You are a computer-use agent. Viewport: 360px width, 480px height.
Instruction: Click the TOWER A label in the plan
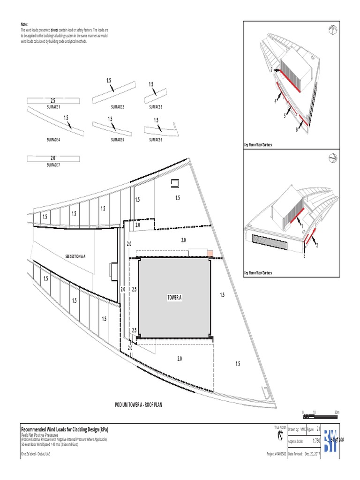click(x=174, y=298)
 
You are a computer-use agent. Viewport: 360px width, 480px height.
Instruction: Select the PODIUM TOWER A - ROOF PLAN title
click(x=138, y=405)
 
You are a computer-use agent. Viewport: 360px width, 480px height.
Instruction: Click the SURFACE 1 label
click(x=53, y=107)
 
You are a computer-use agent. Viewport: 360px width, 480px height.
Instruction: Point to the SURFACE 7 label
click(x=53, y=165)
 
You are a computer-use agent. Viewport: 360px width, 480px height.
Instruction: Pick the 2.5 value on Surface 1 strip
click(x=53, y=101)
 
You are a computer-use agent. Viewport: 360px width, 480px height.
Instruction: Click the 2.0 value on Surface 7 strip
click(x=52, y=158)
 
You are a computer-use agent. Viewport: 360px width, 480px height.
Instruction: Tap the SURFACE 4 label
click(x=53, y=140)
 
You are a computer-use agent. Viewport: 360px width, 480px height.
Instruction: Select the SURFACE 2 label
click(x=117, y=107)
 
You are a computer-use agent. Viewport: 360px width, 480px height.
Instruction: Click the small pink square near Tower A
click(x=210, y=254)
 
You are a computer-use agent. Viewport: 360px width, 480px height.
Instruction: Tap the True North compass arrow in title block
click(x=280, y=436)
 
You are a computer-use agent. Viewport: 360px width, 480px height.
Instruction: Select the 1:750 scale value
click(x=316, y=442)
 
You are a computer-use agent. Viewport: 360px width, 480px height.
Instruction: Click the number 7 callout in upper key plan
click(x=271, y=69)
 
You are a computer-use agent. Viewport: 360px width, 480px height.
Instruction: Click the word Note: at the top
click(x=24, y=24)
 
